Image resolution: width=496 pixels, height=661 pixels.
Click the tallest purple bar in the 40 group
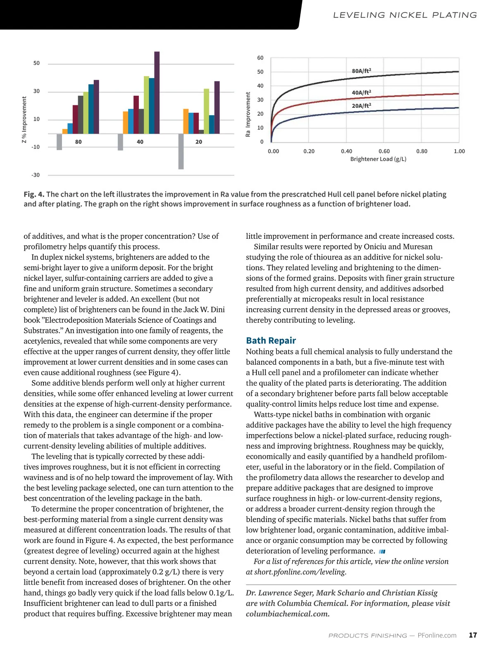[x=157, y=93]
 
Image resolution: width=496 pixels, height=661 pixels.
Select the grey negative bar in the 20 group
[x=181, y=151]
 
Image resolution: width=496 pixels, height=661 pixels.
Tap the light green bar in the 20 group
[x=206, y=111]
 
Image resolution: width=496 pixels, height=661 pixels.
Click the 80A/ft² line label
[x=361, y=71]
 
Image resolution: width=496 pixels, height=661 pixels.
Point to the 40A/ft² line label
[x=361, y=93]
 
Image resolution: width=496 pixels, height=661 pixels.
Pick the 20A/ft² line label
[x=361, y=106]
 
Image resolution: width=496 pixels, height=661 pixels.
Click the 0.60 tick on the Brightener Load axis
[x=384, y=151]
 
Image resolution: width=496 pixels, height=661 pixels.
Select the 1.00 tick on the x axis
[x=459, y=151]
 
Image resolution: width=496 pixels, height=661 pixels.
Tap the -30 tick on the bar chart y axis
[x=36, y=175]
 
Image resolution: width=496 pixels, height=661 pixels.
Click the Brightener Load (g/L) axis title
[x=378, y=159]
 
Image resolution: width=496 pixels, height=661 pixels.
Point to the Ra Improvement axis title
[x=248, y=114]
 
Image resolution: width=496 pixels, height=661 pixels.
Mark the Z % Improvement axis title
[x=24, y=120]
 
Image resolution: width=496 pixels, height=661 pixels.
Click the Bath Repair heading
[x=271, y=340]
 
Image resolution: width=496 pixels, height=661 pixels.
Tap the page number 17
[x=473, y=635]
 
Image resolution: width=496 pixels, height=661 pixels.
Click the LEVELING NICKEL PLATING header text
[x=405, y=15]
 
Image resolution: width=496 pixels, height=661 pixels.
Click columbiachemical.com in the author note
[x=287, y=614]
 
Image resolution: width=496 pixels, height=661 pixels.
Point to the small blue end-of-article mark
[x=382, y=552]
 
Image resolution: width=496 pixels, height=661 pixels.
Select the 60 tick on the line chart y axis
[x=260, y=58]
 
